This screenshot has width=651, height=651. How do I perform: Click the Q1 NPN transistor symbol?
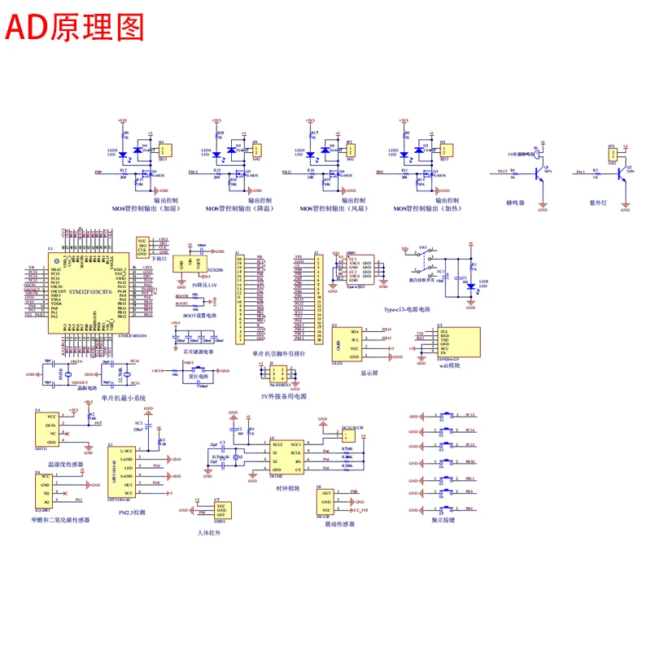pyautogui.click(x=538, y=173)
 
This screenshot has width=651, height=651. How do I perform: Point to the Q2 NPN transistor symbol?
pyautogui.click(x=622, y=173)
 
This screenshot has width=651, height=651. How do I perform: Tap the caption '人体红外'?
pyautogui.click(x=209, y=531)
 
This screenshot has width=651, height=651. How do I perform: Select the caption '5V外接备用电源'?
pyautogui.click(x=279, y=395)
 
